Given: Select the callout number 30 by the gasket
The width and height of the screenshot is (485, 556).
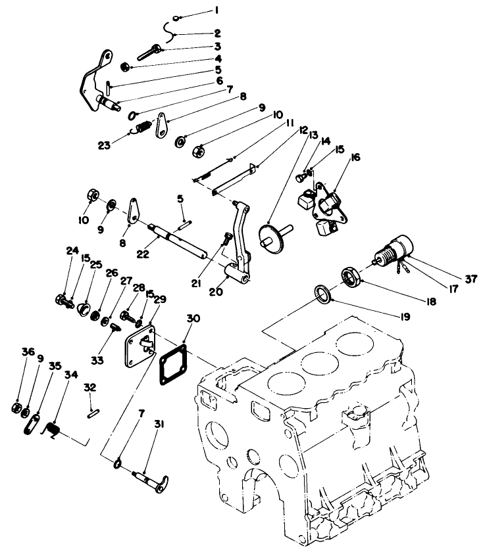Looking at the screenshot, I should (191, 318).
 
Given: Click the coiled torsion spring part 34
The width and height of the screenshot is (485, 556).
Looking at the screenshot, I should (55, 430).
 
